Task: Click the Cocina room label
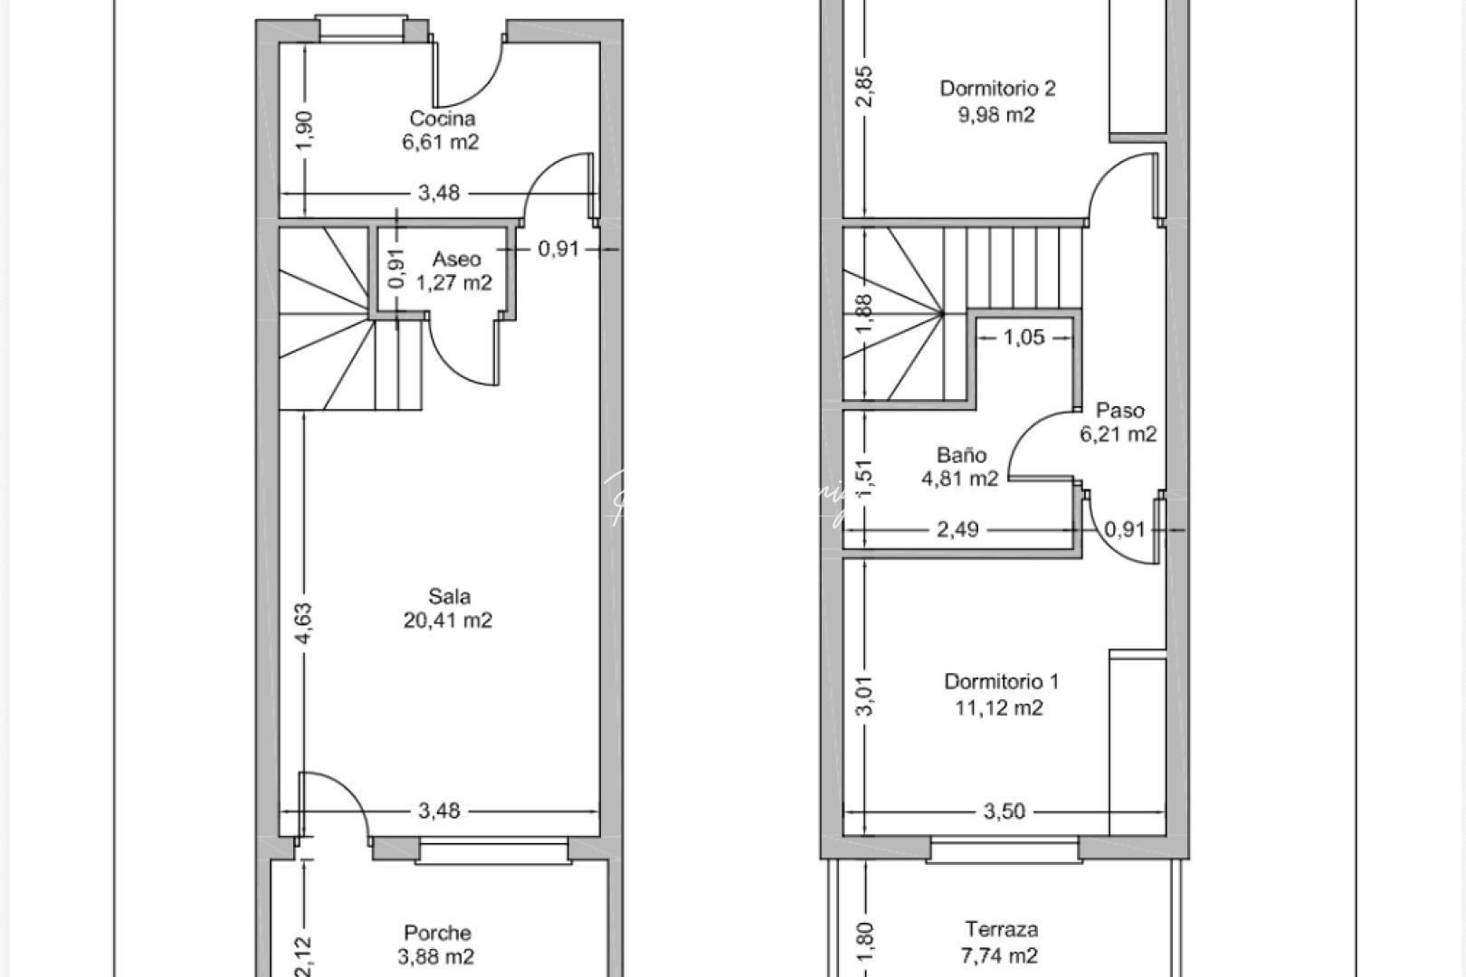pyautogui.click(x=442, y=119)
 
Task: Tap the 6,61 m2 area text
pyautogui.click(x=441, y=142)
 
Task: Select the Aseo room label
pyautogui.click(x=456, y=260)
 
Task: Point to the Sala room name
pyautogui.click(x=449, y=597)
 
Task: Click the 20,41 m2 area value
pyautogui.click(x=449, y=621)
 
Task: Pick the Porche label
pyautogui.click(x=437, y=933)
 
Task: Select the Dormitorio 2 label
pyautogui.click(x=997, y=89)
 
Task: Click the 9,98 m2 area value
pyautogui.click(x=996, y=115)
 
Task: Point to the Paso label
pyautogui.click(x=1119, y=411)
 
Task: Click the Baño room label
pyautogui.click(x=961, y=455)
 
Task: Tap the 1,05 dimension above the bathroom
pyautogui.click(x=1023, y=337)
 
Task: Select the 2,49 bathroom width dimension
pyautogui.click(x=957, y=529)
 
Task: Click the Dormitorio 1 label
pyautogui.click(x=1001, y=681)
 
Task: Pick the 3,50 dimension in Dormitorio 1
pyautogui.click(x=1004, y=811)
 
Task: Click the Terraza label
pyautogui.click(x=1001, y=929)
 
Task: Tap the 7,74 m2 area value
pyautogui.click(x=1001, y=955)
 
